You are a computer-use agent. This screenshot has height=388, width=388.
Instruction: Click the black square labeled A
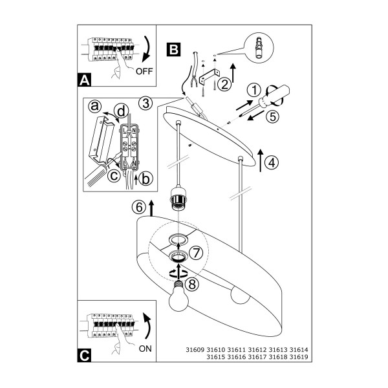click(x=84, y=80)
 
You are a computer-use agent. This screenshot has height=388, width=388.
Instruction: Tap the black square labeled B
click(x=173, y=49)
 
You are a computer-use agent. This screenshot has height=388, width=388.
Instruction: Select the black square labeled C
click(x=84, y=355)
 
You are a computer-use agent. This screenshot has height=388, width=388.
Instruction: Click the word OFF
click(x=144, y=71)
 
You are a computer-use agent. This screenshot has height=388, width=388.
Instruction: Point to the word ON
click(x=145, y=349)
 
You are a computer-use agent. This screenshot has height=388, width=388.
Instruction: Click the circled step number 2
click(x=224, y=84)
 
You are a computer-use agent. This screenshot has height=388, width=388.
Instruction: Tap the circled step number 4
click(x=272, y=162)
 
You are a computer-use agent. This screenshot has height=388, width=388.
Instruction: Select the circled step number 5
click(x=272, y=116)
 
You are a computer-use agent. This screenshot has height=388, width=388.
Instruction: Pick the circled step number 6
click(x=139, y=207)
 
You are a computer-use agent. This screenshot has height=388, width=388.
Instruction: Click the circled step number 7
click(x=196, y=253)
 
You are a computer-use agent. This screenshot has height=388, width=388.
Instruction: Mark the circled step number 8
click(x=192, y=284)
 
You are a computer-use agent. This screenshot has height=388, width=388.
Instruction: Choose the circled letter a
click(x=95, y=107)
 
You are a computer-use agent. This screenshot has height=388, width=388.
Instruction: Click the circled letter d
click(x=122, y=112)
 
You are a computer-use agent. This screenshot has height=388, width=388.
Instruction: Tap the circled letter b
click(x=145, y=178)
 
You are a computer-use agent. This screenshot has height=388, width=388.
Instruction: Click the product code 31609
click(x=195, y=350)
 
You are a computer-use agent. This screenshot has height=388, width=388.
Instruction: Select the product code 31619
click(x=299, y=357)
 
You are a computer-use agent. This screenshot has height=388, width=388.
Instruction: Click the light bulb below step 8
click(x=178, y=296)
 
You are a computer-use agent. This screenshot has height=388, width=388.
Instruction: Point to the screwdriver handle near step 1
click(x=274, y=96)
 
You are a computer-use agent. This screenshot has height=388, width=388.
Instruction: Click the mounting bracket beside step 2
click(x=210, y=77)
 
